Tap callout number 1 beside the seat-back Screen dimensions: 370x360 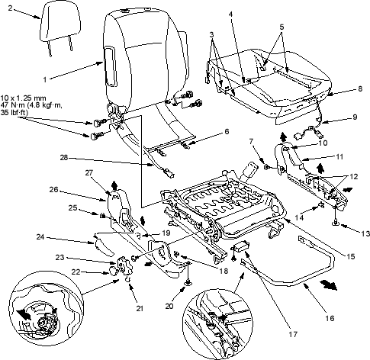click(x=45, y=80)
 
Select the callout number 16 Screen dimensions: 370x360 click(x=330, y=318)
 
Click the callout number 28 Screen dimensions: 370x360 click(x=64, y=158)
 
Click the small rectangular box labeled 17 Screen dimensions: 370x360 click(x=242, y=246)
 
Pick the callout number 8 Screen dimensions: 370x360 click(x=360, y=88)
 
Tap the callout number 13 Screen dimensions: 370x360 click(x=365, y=233)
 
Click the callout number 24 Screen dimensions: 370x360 click(x=40, y=237)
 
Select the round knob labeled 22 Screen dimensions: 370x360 click(x=112, y=271)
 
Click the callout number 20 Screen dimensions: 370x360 click(x=169, y=306)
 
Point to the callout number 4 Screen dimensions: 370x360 click(x=230, y=14)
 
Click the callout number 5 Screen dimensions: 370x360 click(x=282, y=27)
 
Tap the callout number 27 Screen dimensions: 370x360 click(x=89, y=172)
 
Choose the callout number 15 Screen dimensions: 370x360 click(x=351, y=256)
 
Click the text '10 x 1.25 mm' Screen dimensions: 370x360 click(x=24, y=98)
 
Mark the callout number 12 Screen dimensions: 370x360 click(x=353, y=176)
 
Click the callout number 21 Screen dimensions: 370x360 click(x=140, y=309)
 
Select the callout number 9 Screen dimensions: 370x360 click(x=355, y=117)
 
